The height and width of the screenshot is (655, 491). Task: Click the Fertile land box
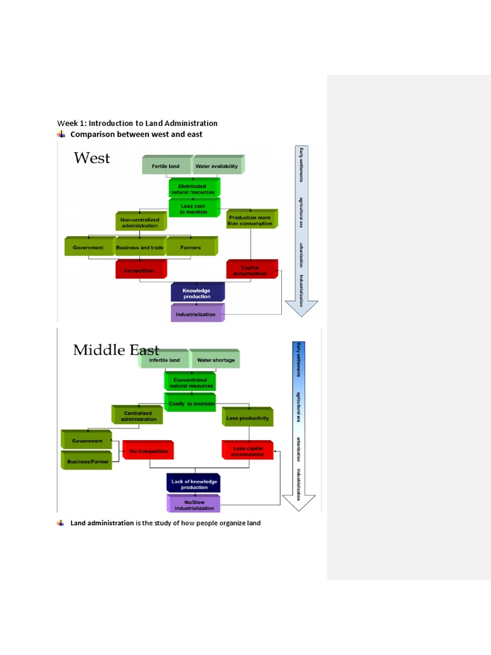166,166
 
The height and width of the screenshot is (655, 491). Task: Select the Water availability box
217,166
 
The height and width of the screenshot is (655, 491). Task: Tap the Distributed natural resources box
192,189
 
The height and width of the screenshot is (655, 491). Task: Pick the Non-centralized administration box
139,222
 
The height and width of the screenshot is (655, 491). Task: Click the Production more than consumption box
250,220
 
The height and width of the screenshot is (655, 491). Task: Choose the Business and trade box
140,248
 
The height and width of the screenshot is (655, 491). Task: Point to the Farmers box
191,248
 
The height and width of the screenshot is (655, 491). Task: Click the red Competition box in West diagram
139,270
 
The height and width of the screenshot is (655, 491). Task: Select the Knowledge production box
197,293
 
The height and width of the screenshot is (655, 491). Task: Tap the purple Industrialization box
196,314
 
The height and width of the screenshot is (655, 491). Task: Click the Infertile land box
164,360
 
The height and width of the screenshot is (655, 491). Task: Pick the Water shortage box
215,360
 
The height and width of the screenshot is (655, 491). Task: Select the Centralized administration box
137,416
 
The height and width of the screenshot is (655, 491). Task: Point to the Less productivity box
247,418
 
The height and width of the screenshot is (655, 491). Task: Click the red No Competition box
148,451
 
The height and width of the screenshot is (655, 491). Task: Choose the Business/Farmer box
87,461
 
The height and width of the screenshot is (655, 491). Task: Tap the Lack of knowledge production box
194,484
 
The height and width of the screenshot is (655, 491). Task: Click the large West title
92,158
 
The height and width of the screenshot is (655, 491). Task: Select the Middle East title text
116,350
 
